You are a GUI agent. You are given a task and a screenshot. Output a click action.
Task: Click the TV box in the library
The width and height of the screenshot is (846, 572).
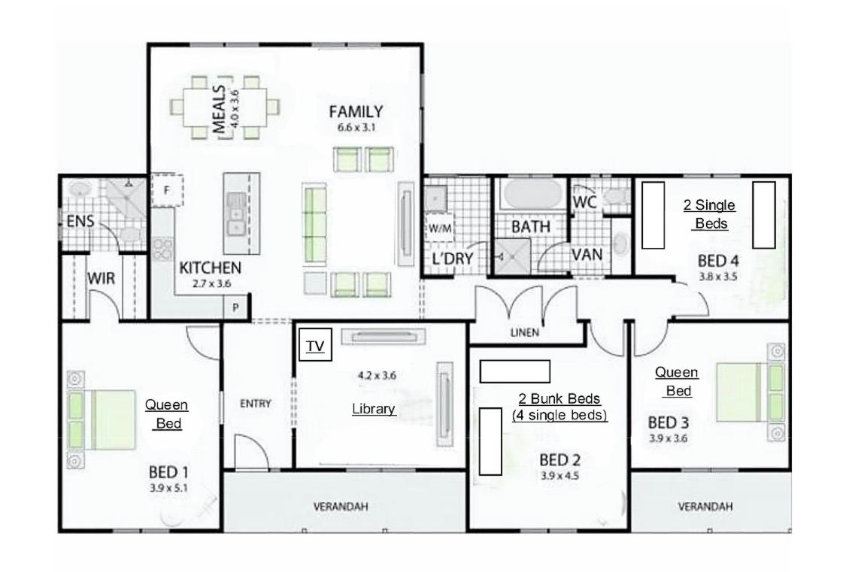315,345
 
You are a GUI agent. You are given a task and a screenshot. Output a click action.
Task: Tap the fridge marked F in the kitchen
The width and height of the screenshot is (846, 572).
167,189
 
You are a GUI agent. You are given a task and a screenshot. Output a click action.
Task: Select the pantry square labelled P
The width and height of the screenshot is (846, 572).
236,307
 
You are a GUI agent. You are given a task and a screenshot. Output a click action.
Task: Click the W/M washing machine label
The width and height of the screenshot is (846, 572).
440,228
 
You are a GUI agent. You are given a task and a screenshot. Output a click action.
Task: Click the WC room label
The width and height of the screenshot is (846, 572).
585,202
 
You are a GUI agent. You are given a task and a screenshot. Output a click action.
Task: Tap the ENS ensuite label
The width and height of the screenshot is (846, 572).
80,221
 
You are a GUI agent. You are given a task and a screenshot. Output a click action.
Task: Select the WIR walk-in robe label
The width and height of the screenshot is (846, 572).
101,279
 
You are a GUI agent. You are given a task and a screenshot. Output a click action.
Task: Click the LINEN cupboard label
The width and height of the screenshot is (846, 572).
524,333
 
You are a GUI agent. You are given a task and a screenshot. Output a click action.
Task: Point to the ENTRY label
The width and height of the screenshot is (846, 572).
255,404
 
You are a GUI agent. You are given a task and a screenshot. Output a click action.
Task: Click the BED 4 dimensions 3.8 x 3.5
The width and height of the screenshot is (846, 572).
718,277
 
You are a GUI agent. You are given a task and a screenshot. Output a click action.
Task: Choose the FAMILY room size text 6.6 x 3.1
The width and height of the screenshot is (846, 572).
356,128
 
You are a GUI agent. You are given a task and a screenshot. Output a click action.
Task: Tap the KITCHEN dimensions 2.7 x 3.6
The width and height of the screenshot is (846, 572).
211,283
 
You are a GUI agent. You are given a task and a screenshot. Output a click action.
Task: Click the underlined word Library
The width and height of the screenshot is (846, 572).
374,409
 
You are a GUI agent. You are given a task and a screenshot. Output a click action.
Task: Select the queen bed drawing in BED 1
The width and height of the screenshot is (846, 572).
102,419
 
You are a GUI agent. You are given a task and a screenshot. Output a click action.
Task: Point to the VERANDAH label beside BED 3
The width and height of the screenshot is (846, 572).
705,507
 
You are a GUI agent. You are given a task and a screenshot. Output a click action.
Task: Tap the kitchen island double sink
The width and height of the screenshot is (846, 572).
236,214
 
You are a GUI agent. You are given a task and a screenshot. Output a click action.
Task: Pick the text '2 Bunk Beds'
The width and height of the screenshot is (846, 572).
559,399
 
